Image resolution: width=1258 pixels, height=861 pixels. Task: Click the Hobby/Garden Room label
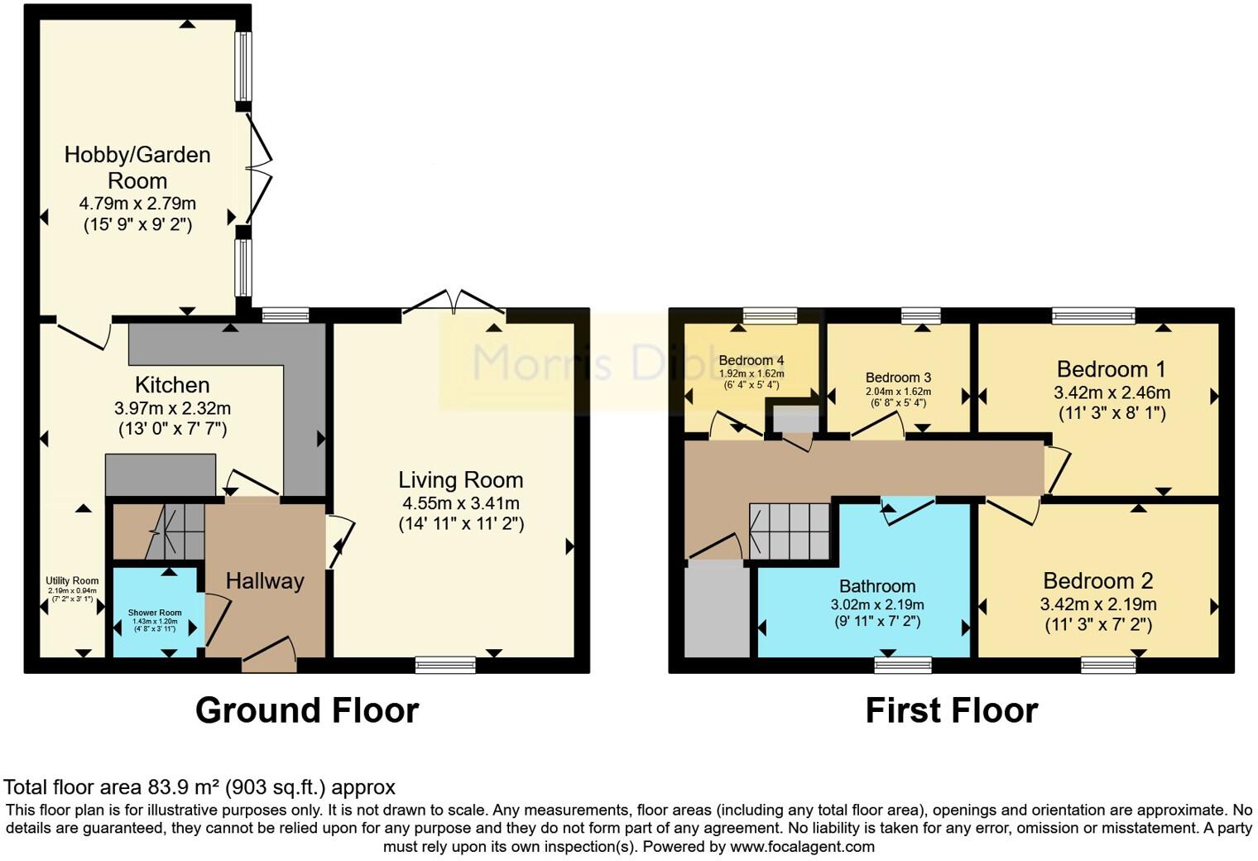[137, 167]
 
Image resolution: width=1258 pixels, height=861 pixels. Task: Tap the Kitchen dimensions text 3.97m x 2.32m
[172, 408]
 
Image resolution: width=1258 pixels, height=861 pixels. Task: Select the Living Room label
[460, 479]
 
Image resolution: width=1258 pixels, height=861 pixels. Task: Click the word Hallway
[265, 581]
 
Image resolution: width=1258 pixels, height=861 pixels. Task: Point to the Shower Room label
[155, 613]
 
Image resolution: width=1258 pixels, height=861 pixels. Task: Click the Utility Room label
[72, 581]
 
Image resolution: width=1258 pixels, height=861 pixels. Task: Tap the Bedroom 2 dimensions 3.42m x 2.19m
[1097, 604]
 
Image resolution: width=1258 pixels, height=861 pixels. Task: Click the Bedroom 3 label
[898, 378]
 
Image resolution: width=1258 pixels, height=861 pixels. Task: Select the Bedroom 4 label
[751, 361]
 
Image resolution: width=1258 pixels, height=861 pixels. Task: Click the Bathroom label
[877, 586]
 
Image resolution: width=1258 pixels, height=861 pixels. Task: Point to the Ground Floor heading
[307, 710]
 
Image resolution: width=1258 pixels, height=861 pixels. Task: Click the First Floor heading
[951, 710]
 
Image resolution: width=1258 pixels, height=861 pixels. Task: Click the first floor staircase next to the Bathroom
[790, 531]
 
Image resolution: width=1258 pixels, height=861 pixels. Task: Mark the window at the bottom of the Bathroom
[903, 664]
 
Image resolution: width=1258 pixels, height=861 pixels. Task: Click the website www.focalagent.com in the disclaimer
[802, 847]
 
